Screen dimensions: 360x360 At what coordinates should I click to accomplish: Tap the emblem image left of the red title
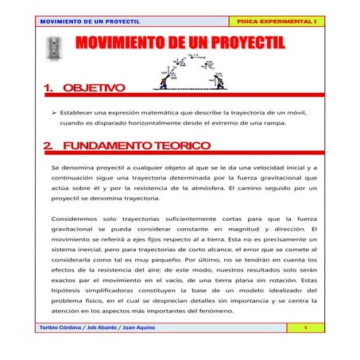(x=56, y=49)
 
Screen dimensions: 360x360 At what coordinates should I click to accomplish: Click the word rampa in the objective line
(x=274, y=124)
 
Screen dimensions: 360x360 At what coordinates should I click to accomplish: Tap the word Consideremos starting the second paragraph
(x=79, y=218)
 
